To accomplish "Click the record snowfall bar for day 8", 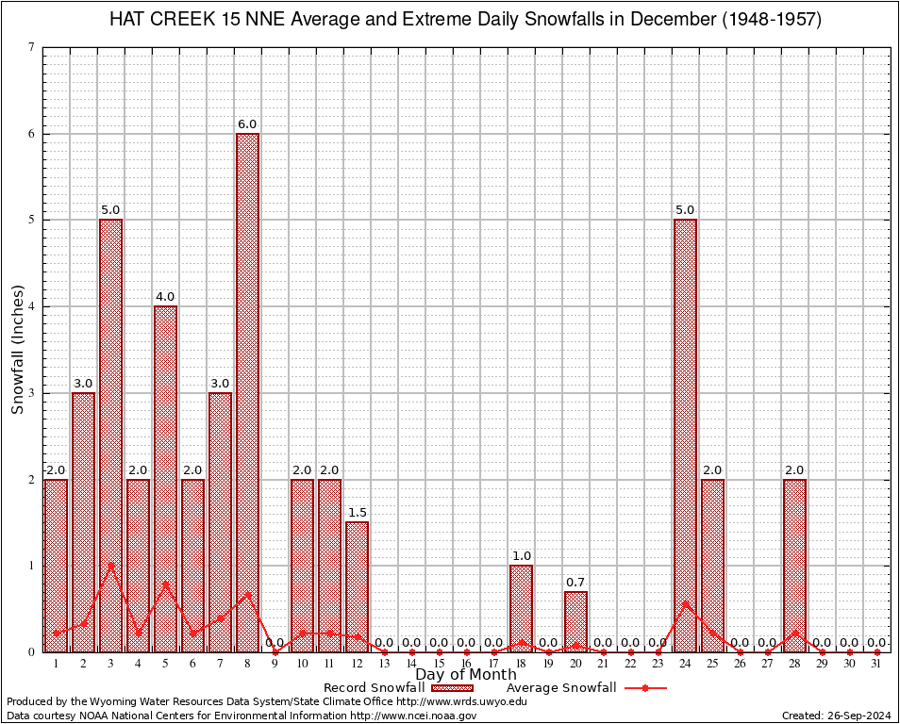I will [247, 392].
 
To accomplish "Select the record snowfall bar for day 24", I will [685, 436].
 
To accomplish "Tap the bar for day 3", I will [110, 436].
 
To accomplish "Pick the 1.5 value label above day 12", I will [358, 513].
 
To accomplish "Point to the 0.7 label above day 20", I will [575, 583].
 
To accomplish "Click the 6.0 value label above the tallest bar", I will [247, 124].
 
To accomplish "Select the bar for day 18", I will [521, 608].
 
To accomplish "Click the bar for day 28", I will [794, 566].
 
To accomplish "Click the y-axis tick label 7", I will [32, 47].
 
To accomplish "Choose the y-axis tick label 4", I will [32, 306].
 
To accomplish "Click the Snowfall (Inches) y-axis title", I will [18, 349].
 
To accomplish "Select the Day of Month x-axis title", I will [466, 675].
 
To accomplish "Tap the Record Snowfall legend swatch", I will [454, 688].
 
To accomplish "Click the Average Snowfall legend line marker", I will [645, 688].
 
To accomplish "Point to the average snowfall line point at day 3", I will [110, 566].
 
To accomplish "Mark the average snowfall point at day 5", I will [165, 584].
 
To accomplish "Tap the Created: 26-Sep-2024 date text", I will [836, 716].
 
